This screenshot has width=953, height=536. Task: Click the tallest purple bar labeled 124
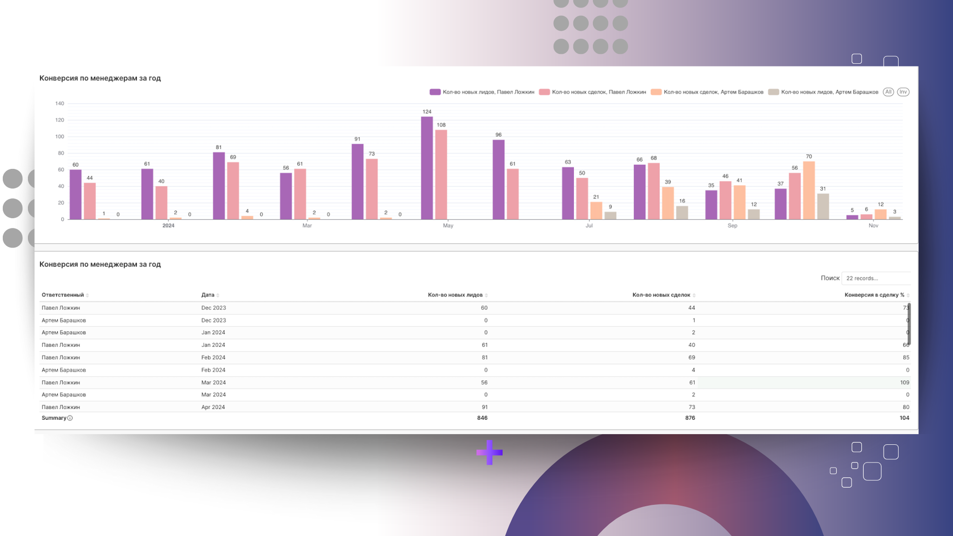coord(427,167)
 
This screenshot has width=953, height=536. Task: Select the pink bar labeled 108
coord(441,174)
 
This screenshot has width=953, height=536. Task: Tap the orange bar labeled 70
coord(809,190)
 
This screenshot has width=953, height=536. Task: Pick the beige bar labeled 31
coord(823,206)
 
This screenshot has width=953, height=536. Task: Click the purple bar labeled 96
coord(498,179)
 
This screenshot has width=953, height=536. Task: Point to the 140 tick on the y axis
coord(60,103)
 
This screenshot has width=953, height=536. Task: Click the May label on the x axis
coord(448,226)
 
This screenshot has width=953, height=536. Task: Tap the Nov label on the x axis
coord(873,226)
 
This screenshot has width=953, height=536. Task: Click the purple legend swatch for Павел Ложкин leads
coord(435,92)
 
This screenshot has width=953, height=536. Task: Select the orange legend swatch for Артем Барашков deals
coord(656,92)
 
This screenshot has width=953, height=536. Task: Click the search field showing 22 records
coord(876,278)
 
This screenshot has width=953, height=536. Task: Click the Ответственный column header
coord(63,295)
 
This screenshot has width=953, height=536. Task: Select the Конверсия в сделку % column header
coord(874,295)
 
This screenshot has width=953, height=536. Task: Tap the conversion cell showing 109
coord(904,382)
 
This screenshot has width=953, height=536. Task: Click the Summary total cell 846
coord(482,418)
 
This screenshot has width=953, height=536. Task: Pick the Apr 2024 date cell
coord(213,407)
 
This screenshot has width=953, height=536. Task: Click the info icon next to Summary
coord(70,418)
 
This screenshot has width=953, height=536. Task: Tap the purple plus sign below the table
coord(489,452)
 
